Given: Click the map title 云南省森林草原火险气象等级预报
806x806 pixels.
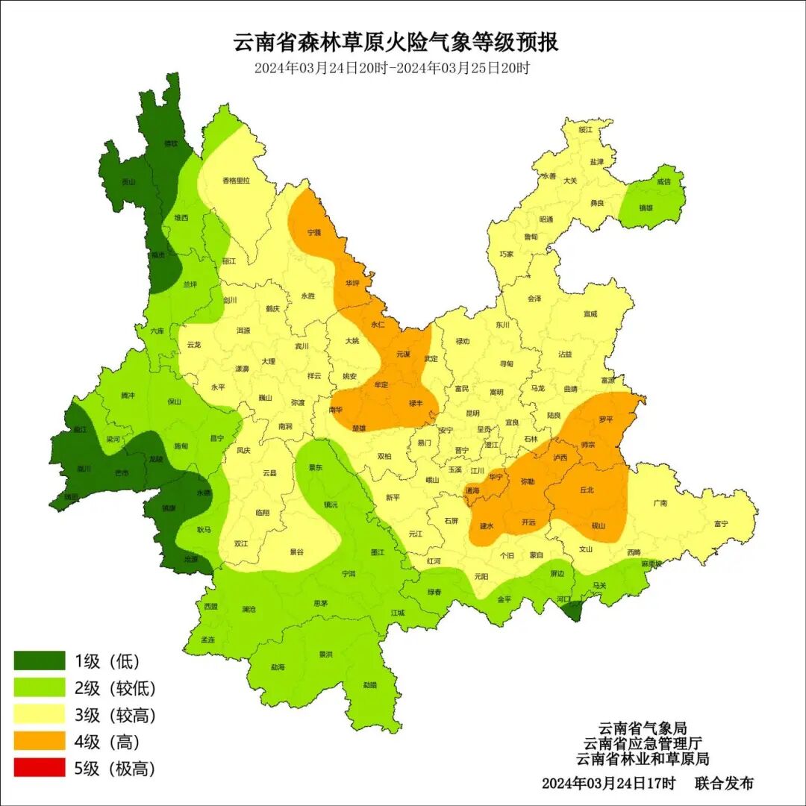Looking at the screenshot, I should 396,43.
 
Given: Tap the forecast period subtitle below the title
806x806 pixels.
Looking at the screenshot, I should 392,68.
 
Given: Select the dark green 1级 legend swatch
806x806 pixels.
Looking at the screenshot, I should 40,660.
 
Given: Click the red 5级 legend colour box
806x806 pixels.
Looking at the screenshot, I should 40,768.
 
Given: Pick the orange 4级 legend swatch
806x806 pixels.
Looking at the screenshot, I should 40,741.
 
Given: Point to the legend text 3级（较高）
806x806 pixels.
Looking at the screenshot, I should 115,715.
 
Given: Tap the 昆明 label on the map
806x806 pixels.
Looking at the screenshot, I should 472,413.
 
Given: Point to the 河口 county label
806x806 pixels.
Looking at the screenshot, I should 564,599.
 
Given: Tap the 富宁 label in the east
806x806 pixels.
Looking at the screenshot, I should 720,523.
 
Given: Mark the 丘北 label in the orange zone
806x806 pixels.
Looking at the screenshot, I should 587,490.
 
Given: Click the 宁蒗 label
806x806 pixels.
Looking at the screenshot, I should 314,232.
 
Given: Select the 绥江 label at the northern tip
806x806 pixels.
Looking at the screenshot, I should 586,130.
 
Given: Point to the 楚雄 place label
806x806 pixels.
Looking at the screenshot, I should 359,428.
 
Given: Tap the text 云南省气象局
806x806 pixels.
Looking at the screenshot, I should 642,728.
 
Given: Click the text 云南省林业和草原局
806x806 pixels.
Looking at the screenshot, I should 642,759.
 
